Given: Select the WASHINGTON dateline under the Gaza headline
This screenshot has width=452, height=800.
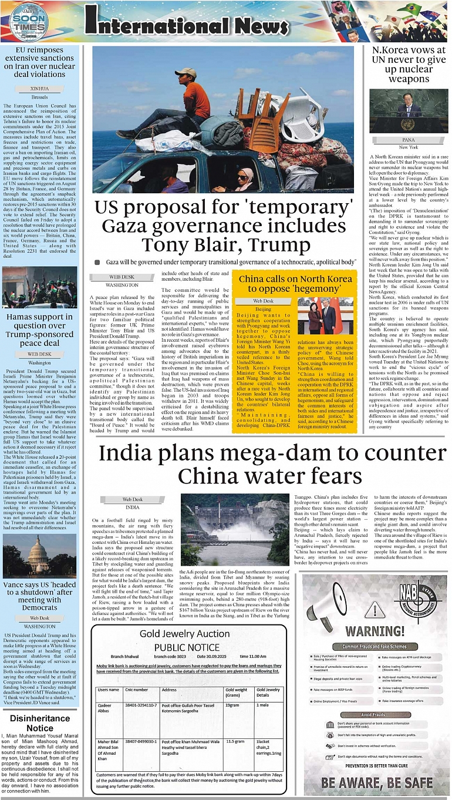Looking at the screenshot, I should pos(122,284).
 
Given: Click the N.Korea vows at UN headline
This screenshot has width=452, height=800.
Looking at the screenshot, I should pos(409,65).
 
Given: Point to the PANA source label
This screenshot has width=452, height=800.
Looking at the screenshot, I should pos(409,140).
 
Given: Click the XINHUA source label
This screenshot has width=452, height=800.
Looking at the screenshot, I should pos(40,88).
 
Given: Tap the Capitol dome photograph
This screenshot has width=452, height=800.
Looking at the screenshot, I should pos(40,557).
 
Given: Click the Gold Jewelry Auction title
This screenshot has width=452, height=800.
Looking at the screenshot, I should pos(185,633).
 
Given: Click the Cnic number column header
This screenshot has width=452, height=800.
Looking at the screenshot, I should pos(136,690).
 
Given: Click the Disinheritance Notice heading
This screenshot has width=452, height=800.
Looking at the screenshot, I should pos(40,722).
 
